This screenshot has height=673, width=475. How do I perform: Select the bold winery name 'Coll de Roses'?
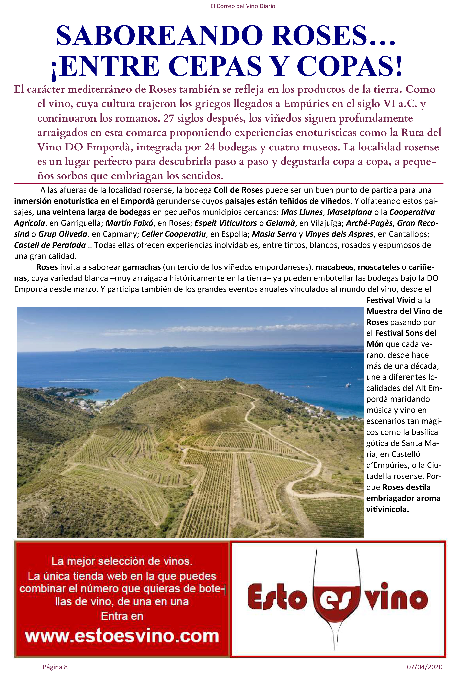pos(238,190)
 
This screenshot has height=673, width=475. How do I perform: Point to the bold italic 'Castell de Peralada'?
pos(50,245)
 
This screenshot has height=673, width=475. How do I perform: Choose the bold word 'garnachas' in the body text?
pos(142,267)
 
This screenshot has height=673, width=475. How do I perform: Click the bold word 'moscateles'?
pos(379,267)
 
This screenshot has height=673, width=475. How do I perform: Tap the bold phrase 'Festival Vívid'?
pos(391,300)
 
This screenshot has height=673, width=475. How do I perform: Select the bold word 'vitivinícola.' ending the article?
pos(387,509)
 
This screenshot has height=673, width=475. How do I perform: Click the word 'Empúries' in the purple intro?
pos(304,104)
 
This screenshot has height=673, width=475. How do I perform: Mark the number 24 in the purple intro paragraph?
pos(210,147)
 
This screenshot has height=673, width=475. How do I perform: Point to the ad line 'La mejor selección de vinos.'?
pos(122,561)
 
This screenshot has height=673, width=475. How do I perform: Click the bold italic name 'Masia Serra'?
pos(274,234)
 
